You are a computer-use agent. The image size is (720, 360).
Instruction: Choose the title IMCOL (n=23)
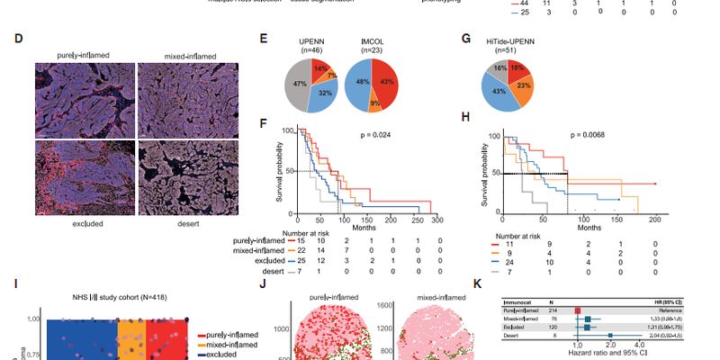[x=370, y=42]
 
